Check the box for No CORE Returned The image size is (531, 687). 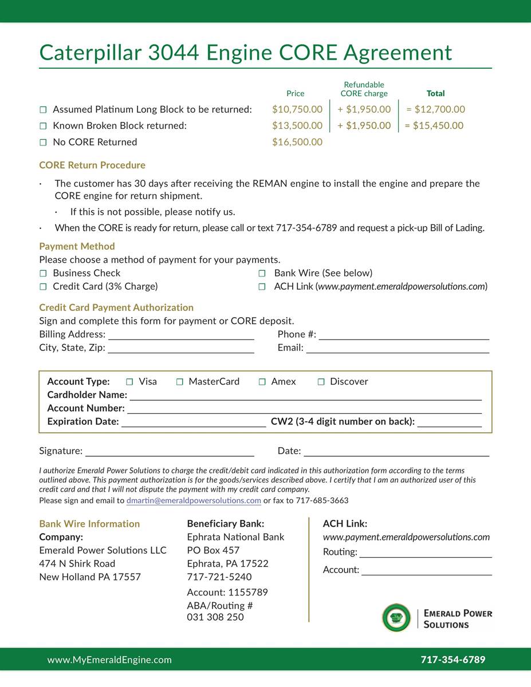coord(43,143)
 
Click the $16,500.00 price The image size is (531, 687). coord(297,142)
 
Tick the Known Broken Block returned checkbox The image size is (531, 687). coord(43,126)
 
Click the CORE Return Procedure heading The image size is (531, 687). coord(92,165)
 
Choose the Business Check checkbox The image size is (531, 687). coord(43,274)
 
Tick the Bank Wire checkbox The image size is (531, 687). coord(262,274)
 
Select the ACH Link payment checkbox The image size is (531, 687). coord(262,287)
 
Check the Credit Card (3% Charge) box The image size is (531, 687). coord(43,287)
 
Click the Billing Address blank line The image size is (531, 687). coord(181,335)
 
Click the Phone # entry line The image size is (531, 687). coord(404,335)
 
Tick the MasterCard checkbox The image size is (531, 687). coord(179,382)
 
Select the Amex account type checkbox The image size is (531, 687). coord(262,382)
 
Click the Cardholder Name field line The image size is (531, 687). coord(305,396)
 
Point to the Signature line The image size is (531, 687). coord(170,452)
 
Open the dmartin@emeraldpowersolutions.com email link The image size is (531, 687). coord(194,500)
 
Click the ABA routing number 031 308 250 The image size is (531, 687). coord(215,617)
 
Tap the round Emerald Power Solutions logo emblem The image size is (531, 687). coord(396,618)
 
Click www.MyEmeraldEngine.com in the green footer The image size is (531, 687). coord(109,660)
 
